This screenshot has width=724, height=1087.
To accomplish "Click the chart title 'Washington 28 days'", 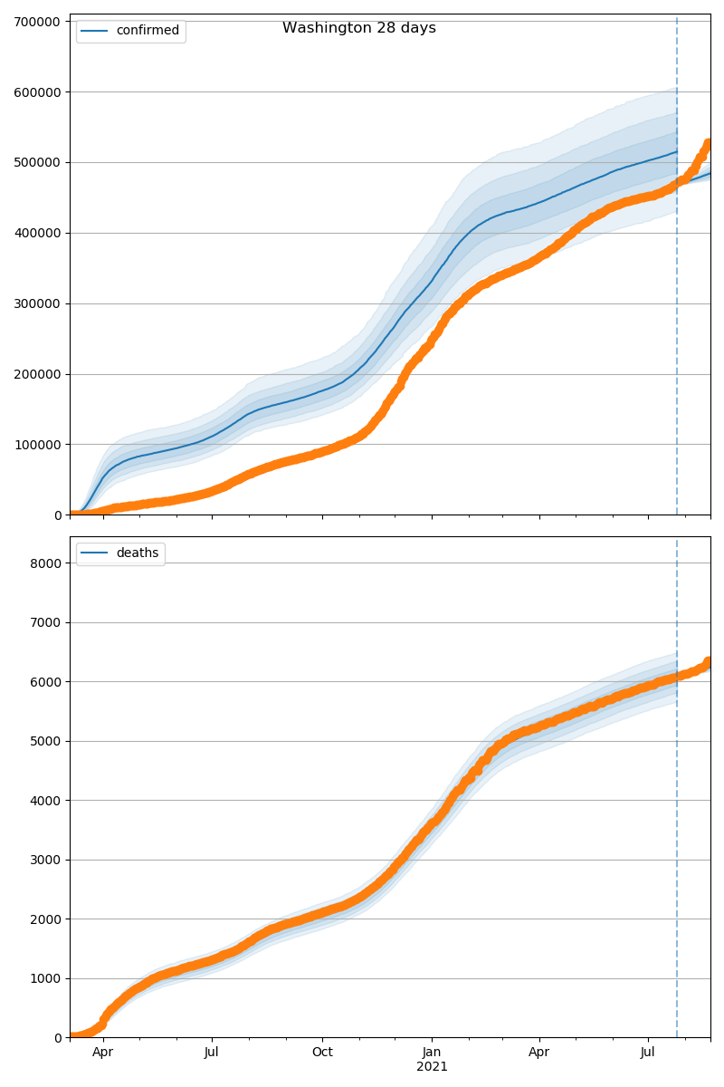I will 359,28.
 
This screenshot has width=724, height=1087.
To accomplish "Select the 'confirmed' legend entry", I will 148,31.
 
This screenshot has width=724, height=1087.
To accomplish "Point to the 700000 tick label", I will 38,22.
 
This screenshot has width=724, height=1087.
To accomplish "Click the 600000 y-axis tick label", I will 38,92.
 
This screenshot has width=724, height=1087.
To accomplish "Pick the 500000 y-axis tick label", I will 38,163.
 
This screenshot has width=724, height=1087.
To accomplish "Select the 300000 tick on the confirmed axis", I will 38,303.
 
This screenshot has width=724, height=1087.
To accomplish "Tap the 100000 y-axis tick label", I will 38,445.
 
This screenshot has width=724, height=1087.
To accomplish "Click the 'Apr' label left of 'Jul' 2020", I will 103,1053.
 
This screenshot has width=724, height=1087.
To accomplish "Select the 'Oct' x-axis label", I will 322,1053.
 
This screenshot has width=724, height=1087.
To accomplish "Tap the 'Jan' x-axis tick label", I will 432,1053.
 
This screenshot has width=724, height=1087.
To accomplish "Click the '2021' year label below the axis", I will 432,1067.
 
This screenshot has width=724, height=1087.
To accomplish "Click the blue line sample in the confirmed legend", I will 95,31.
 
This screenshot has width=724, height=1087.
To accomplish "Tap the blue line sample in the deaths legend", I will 95,553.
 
